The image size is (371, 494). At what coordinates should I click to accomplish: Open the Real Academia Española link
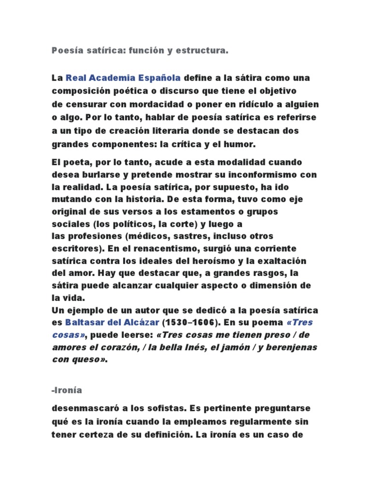point(123,78)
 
